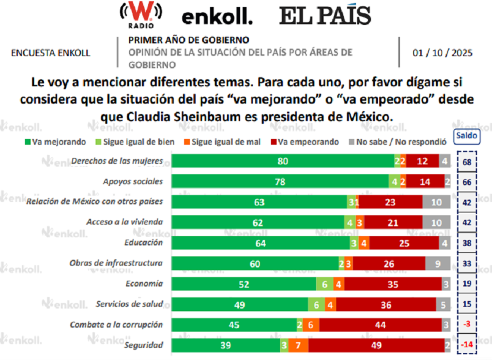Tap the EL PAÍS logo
click(325, 16)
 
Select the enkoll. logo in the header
click(217, 17)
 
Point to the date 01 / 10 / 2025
click(443, 53)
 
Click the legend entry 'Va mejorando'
click(56, 142)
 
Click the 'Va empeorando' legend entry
click(307, 142)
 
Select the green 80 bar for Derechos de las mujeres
click(283, 161)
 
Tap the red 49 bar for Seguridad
click(376, 346)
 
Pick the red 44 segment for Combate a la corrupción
click(380, 325)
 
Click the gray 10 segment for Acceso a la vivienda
click(436, 223)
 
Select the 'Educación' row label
click(144, 243)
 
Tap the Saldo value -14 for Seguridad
click(466, 346)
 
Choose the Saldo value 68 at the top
click(466, 161)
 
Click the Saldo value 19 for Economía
click(466, 284)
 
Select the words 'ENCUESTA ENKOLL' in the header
click(51, 53)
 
